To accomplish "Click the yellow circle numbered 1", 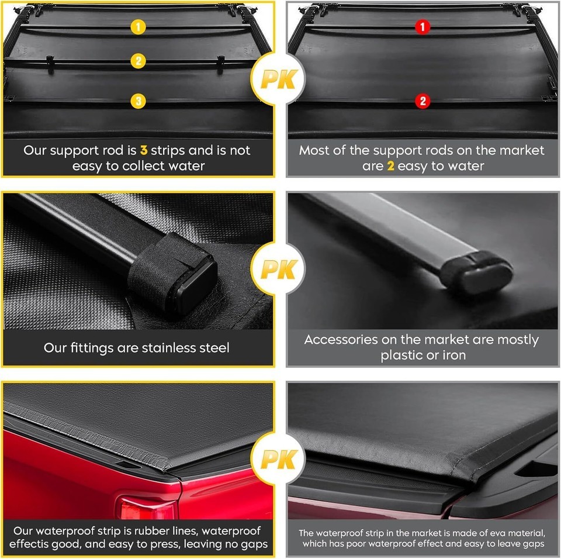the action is (x=138, y=27).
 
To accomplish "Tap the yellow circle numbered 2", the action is (x=138, y=61).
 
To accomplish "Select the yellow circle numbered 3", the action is (x=138, y=101).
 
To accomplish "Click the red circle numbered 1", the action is (x=422, y=27).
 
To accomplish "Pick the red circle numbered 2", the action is (x=423, y=101).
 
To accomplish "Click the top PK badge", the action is (x=278, y=79).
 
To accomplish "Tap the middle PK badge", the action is (x=278, y=269).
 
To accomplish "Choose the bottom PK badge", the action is (x=278, y=459).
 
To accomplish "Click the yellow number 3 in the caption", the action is (x=144, y=150).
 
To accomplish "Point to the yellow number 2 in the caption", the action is (x=391, y=166).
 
